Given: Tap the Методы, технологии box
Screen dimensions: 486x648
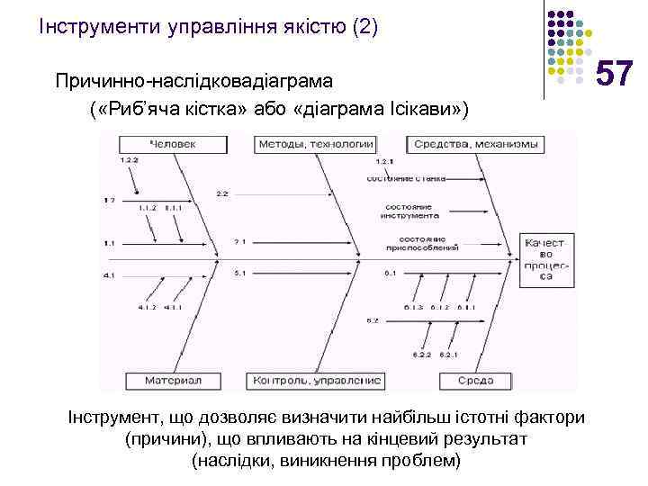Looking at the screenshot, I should (x=315, y=142).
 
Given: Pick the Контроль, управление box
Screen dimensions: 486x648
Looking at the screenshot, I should (x=318, y=381).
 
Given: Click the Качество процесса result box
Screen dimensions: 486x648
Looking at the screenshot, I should (x=545, y=259).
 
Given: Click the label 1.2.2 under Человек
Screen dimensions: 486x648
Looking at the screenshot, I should (x=130, y=159).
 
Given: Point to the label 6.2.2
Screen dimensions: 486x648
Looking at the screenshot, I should (x=418, y=354).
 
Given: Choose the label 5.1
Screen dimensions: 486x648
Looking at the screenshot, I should (x=239, y=272).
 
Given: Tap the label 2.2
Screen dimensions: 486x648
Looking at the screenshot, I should (x=222, y=193).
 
